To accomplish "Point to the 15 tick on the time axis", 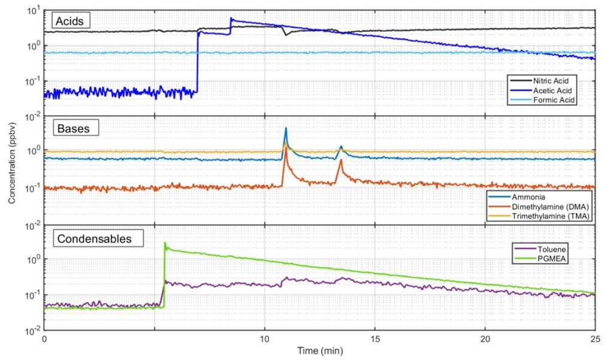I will click(x=375, y=338).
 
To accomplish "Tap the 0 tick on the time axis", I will click(x=45, y=338).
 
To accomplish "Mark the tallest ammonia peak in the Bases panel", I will click(x=286, y=128).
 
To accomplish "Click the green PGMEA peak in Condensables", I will click(x=165, y=243).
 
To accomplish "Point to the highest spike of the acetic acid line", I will click(x=231, y=19).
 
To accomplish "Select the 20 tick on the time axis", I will click(x=485, y=338).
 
